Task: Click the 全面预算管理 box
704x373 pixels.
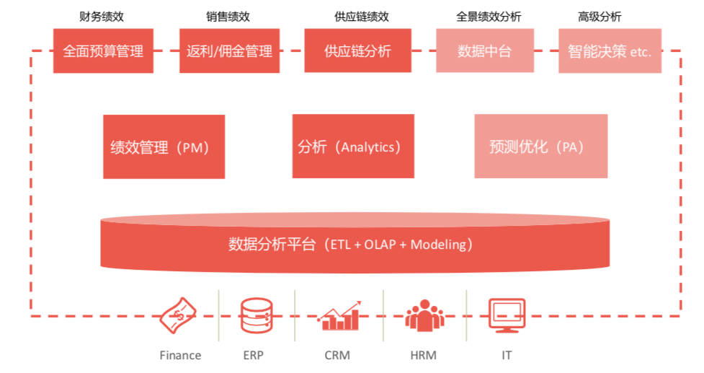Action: pos(103,51)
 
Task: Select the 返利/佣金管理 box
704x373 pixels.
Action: pos(229,51)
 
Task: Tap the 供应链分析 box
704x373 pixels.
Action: pos(357,51)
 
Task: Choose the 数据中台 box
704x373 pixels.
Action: pos(484,51)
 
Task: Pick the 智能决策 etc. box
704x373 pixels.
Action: pos(610,51)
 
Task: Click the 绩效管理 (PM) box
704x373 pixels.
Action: pos(164,146)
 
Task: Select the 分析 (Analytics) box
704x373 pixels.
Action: pos(353,146)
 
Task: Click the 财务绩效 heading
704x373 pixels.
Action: pos(101,17)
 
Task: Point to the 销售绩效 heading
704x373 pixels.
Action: pos(228,17)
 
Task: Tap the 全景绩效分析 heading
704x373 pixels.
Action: pos(489,17)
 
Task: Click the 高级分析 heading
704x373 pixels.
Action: pos(600,17)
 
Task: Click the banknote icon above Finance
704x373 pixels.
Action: pos(178,315)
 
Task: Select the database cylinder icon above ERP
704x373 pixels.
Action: pos(257,315)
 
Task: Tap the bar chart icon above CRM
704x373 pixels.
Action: pos(339,316)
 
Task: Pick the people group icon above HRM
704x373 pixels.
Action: pos(424,316)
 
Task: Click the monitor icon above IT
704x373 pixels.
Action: pos(507,315)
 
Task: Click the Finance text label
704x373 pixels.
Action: pos(180,355)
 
